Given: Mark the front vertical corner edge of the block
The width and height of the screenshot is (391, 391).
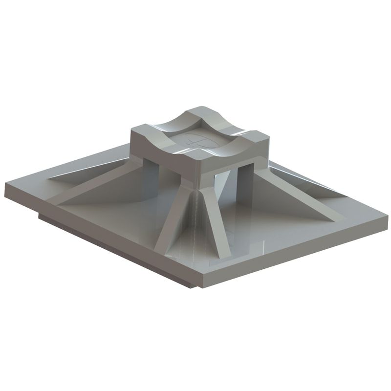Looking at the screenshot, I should tap(201, 171).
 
